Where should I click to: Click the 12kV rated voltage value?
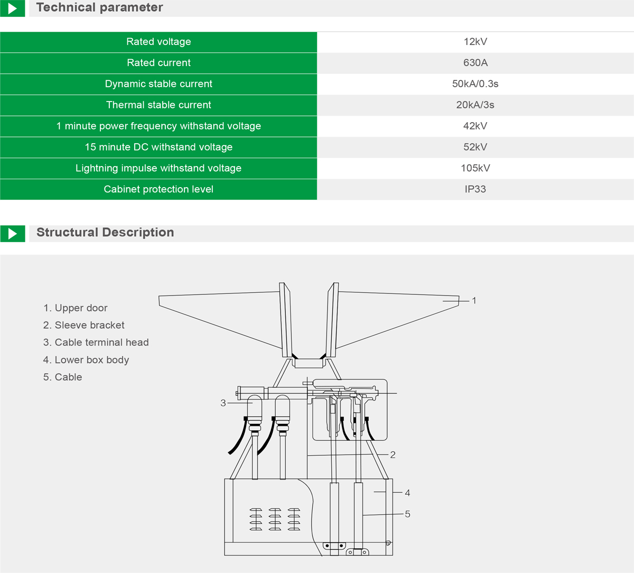[x=475, y=42]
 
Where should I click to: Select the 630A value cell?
[x=475, y=63]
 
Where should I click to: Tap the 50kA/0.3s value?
[x=475, y=84]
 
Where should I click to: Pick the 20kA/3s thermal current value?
[x=475, y=105]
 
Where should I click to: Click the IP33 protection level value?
[x=475, y=189]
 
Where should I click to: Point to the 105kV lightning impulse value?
[x=475, y=168]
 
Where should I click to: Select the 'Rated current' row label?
[x=158, y=63]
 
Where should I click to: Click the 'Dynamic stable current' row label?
[x=158, y=84]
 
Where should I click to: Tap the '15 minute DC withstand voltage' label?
[x=158, y=147]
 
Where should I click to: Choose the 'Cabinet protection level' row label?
[x=158, y=189]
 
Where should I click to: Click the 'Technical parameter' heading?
[x=99, y=7]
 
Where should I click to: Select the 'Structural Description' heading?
[x=105, y=233]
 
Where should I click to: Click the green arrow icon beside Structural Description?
[x=13, y=233]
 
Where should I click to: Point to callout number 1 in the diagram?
[x=474, y=300]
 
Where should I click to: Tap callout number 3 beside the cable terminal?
[x=223, y=403]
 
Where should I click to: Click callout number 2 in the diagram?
[x=393, y=455]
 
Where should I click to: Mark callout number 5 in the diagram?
[x=407, y=514]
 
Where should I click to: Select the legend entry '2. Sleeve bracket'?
[x=84, y=325]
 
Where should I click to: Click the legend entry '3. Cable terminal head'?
[x=96, y=343]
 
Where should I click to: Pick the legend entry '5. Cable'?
[x=63, y=377]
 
